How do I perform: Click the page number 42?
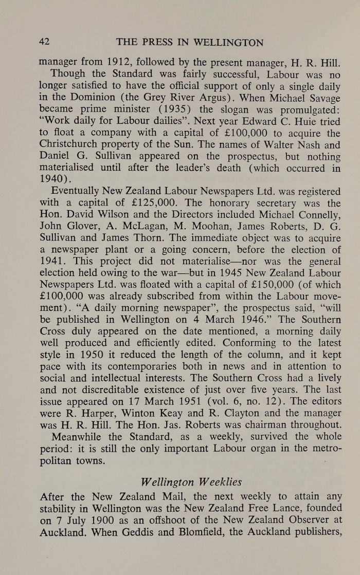pos(45,42)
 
